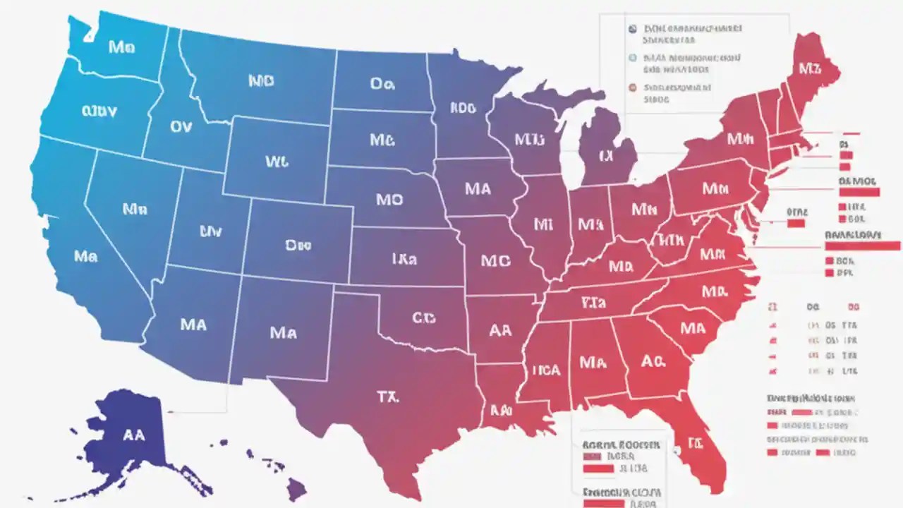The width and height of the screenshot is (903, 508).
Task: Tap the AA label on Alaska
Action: click(134, 435)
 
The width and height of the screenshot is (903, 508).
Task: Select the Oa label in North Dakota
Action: click(382, 84)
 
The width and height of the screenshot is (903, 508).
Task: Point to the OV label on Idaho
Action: click(181, 127)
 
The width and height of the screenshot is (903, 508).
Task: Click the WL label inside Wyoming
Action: click(277, 162)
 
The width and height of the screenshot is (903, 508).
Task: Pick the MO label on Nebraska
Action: click(389, 200)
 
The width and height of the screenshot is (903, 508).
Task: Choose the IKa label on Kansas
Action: click(404, 260)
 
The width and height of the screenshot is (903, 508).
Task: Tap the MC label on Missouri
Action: click(495, 260)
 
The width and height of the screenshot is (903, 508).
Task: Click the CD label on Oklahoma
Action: click(423, 319)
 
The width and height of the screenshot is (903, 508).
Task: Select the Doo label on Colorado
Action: click(298, 246)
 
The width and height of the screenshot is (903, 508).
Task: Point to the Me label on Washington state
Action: click(121, 47)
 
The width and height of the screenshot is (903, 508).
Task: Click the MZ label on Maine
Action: click(810, 68)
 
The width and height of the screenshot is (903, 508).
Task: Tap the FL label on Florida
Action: click(696, 445)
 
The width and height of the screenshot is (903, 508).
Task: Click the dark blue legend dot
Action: click(632, 30)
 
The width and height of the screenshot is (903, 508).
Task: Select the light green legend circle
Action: click(632, 59)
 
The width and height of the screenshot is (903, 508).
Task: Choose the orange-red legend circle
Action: click(632, 88)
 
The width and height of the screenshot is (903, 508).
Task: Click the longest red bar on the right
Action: click(862, 246)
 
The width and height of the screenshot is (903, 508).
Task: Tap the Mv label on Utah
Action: click(211, 230)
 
